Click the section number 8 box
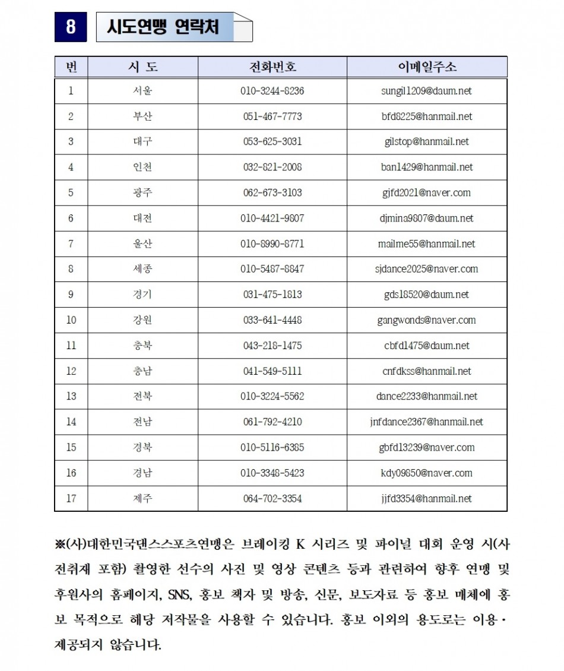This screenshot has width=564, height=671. [71, 27]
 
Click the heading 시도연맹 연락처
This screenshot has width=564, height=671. [162, 27]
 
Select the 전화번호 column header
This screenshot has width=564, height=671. [273, 67]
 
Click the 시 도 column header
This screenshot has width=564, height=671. [142, 67]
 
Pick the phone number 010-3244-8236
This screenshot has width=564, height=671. [273, 91]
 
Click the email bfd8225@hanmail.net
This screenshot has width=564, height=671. [426, 116]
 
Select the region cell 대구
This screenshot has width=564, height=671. [142, 142]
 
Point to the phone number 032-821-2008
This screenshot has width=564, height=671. [273, 167]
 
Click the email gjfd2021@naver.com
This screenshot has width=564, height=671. [426, 193]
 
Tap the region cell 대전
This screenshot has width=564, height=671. [142, 219]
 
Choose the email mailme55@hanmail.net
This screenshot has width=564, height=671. [426, 244]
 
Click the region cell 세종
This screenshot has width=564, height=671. [142, 269]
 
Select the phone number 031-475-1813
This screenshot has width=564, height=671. [273, 295]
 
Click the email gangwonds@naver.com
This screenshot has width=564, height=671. [426, 320]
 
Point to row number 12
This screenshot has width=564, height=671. [71, 371]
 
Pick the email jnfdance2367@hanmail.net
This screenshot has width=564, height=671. [426, 422]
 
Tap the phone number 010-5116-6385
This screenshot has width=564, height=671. [273, 448]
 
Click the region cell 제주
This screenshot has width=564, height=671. [142, 499]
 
